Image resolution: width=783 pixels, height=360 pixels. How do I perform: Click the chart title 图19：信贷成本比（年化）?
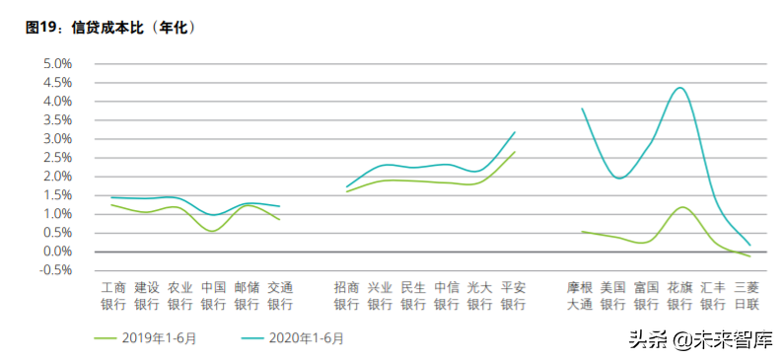tap(110, 27)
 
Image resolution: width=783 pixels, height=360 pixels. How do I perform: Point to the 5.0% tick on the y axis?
tap(58, 63)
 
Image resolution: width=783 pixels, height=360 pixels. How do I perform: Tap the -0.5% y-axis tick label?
tap(56, 270)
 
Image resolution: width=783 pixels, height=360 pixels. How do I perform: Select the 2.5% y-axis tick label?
tap(58, 157)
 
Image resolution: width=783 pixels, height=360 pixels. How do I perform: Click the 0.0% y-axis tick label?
tap(58, 252)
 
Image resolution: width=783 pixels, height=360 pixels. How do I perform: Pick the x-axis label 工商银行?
tap(113, 296)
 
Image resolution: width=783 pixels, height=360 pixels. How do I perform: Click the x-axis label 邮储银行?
tap(247, 296)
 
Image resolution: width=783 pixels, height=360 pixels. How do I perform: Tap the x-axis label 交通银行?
tap(280, 296)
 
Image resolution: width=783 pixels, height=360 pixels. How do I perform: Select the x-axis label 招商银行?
tap(346, 296)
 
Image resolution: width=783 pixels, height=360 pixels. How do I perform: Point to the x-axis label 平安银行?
tap(514, 296)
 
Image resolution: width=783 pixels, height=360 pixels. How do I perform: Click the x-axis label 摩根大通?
tap(580, 296)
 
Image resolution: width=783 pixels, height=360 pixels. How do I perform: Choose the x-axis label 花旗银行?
tap(680, 296)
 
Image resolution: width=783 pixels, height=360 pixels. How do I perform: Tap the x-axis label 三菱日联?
tap(747, 296)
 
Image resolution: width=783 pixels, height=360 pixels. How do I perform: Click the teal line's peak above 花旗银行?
tap(679, 88)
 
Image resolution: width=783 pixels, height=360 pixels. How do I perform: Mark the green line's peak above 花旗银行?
tap(681, 207)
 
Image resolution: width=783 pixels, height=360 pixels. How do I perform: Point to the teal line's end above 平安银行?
tap(515, 132)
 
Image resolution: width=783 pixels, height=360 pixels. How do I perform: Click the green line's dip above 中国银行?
tap(213, 232)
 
